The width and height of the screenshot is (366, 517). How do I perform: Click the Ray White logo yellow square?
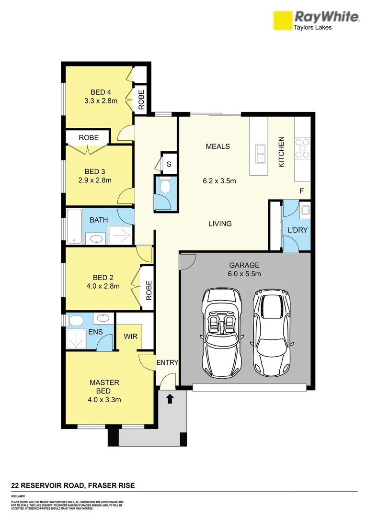283,21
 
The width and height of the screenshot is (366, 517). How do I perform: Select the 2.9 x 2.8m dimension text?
98,180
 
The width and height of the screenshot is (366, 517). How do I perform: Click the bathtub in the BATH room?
74,226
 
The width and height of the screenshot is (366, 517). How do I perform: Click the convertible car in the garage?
221,332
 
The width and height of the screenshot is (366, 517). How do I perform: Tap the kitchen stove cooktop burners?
303,148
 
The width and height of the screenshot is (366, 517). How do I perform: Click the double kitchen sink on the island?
261,153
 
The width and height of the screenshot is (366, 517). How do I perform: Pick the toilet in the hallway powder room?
165,187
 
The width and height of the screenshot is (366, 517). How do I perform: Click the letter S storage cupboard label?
169,164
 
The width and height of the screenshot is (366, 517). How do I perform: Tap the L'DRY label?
297,230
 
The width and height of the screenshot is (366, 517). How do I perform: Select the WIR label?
131,337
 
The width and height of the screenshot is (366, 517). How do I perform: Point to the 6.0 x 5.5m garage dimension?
244,274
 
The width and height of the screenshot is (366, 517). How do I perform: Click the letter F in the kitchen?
302,191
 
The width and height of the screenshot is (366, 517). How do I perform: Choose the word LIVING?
220,224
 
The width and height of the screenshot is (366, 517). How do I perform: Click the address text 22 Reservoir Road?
73,485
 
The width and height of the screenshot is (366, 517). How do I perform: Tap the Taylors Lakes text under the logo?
312,27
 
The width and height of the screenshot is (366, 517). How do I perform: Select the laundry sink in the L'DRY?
305,209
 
